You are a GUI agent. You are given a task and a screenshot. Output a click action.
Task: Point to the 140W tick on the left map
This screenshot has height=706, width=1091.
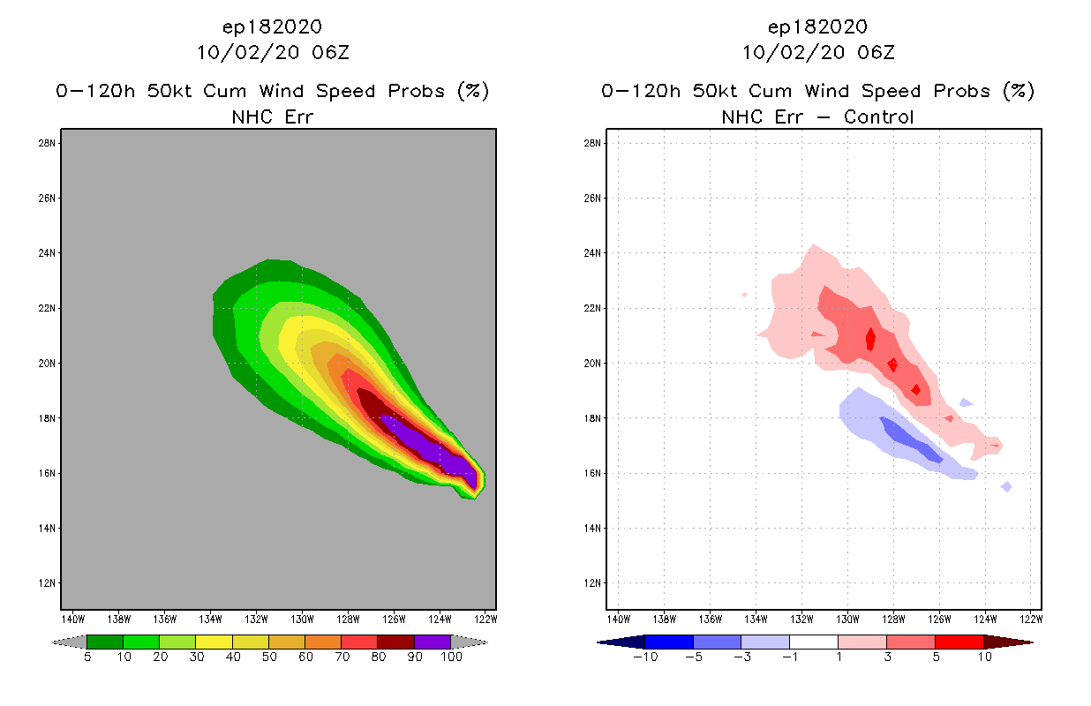pyautogui.click(x=72, y=618)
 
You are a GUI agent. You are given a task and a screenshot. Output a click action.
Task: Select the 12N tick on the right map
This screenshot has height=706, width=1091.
pyautogui.click(x=593, y=583)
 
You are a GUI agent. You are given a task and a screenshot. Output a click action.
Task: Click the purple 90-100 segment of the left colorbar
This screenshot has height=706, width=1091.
pyautogui.click(x=433, y=642)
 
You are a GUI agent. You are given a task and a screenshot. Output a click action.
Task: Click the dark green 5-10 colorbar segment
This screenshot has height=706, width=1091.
pyautogui.click(x=105, y=642)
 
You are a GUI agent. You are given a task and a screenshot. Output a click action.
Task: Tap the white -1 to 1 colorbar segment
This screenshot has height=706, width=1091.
pyautogui.click(x=813, y=642)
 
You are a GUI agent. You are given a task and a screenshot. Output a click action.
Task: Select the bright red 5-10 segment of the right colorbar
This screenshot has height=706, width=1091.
pyautogui.click(x=959, y=642)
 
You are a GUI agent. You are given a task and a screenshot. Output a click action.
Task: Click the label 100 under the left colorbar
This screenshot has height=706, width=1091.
pyautogui.click(x=451, y=657)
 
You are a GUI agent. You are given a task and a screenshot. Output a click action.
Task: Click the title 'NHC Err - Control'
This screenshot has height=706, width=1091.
pyautogui.click(x=817, y=116)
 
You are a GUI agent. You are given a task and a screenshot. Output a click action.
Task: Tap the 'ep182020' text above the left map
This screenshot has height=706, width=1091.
pyautogui.click(x=272, y=26)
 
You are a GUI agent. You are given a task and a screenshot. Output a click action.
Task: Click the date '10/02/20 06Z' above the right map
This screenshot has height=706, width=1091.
pyautogui.click(x=817, y=52)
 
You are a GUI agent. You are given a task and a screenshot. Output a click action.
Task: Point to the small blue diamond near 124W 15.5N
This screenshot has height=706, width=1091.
pyautogui.click(x=1006, y=486)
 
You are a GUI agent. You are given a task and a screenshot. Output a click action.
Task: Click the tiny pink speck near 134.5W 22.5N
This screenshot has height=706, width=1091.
pyautogui.click(x=745, y=294)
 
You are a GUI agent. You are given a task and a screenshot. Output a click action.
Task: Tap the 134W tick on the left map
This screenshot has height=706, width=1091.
pyautogui.click(x=210, y=618)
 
